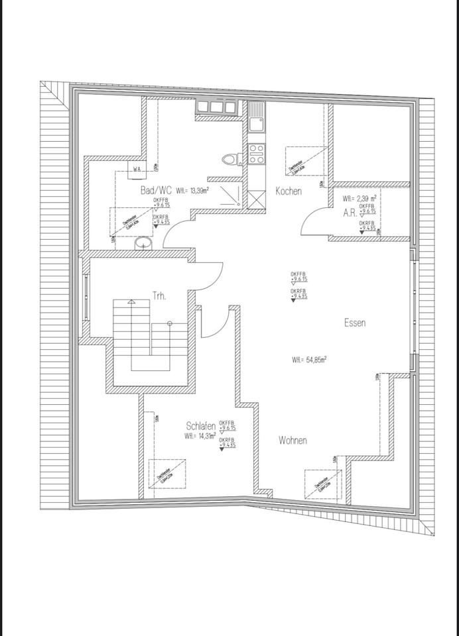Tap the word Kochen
tap(289, 191)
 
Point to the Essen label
tap(355, 323)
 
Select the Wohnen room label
tap(293, 440)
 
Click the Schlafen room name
tap(200, 427)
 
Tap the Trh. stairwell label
tap(159, 296)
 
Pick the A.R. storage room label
tap(350, 213)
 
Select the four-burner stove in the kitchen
tap(257, 154)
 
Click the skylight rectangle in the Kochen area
tap(306, 161)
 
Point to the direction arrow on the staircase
tap(131, 302)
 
